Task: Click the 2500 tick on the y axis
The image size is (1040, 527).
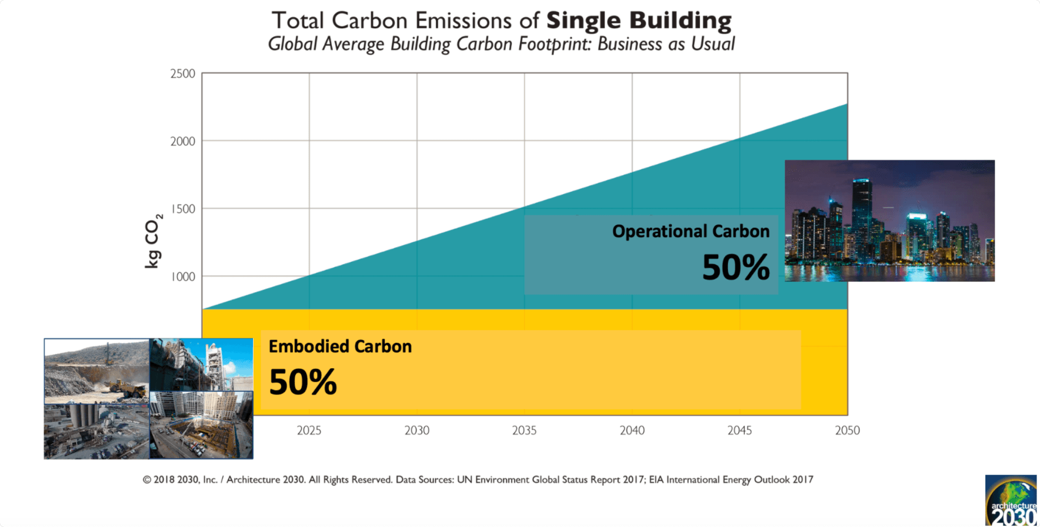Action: click(x=182, y=74)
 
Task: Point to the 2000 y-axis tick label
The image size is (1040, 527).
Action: click(x=182, y=142)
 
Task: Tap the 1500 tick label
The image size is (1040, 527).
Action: click(x=183, y=209)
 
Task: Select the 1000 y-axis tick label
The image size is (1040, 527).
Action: click(x=183, y=277)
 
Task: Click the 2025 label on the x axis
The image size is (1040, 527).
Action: click(x=309, y=431)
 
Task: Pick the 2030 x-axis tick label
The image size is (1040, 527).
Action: click(x=417, y=431)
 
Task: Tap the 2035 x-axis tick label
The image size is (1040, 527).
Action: click(x=524, y=431)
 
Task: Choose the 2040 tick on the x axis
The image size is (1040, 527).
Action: click(x=632, y=431)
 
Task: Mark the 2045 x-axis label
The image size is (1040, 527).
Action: click(x=739, y=431)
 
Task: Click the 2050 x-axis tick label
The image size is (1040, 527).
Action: click(x=847, y=431)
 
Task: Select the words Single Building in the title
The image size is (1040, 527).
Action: click(x=638, y=21)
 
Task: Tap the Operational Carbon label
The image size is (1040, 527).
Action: click(x=690, y=231)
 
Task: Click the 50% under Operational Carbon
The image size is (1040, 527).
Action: click(x=736, y=267)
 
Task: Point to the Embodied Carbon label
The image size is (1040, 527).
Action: click(x=340, y=347)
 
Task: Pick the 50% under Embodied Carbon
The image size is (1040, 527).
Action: click(x=303, y=382)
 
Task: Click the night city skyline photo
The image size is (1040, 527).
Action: click(x=889, y=221)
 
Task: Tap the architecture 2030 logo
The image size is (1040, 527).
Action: click(x=1011, y=501)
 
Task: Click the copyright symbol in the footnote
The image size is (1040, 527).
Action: click(x=147, y=480)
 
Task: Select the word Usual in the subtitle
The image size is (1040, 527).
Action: click(x=712, y=44)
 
